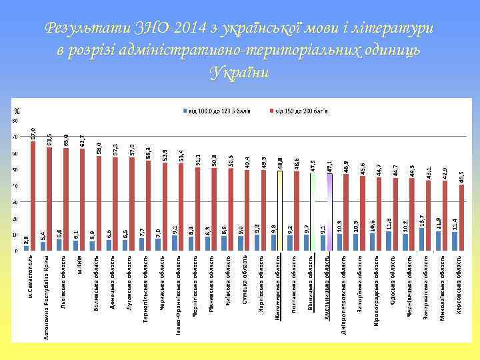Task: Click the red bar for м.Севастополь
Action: coord(33,196)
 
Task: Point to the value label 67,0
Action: coord(33,133)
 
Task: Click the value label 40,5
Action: coord(462,177)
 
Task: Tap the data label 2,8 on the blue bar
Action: coord(26,239)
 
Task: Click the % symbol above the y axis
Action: coord(17,111)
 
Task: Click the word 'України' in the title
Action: coord(239,72)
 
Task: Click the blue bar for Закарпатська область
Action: coord(422,239)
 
